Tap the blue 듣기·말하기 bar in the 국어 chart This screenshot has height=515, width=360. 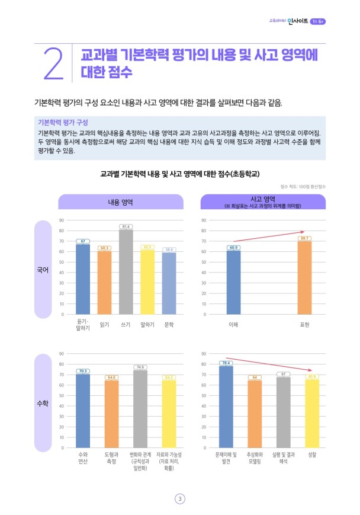[x=83, y=279]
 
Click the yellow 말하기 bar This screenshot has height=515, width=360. [x=147, y=282]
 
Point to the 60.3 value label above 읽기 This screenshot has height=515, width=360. [x=104, y=248]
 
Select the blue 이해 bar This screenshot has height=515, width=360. [x=233, y=282]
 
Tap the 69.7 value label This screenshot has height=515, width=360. [x=304, y=238]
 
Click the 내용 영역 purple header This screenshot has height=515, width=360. [x=120, y=202]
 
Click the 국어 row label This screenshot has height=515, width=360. [x=43, y=270]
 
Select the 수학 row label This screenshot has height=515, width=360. [x=43, y=403]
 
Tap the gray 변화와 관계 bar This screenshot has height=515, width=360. [x=140, y=409]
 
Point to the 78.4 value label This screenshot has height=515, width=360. [x=226, y=363]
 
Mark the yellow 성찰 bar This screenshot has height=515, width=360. [x=312, y=414]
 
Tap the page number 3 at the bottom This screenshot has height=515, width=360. [x=180, y=498]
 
